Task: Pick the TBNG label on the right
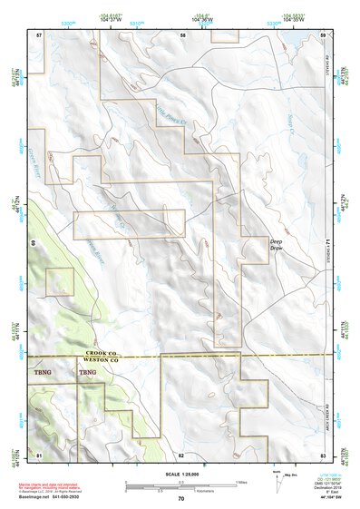pos(87,372)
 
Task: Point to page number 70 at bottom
pos(180,499)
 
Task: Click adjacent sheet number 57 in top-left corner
pos(39,34)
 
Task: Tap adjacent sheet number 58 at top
pos(182,34)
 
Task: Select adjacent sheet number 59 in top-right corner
pos(323,34)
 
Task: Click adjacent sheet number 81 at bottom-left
pos(39,453)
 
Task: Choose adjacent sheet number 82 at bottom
pos(181,453)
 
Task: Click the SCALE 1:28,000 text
pos(180,473)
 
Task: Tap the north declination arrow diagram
pos(277,479)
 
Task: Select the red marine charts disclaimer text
pos(56,485)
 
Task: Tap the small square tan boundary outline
pos(59,281)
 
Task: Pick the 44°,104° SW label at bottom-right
pos(322,498)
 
